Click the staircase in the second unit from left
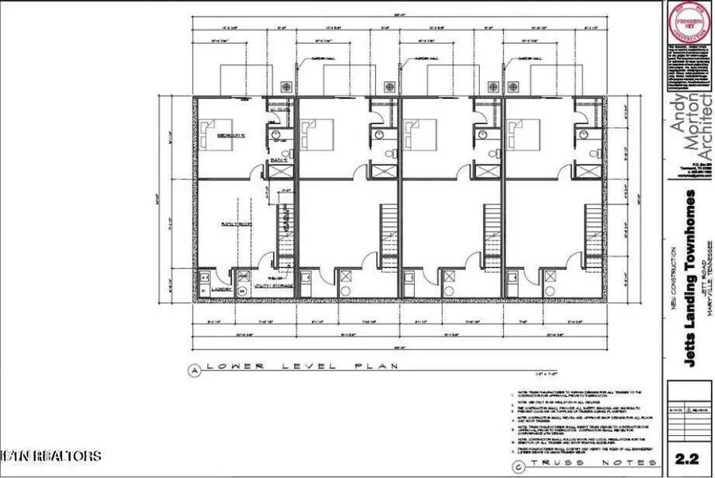389,227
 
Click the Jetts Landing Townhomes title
691,278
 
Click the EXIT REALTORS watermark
51,456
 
